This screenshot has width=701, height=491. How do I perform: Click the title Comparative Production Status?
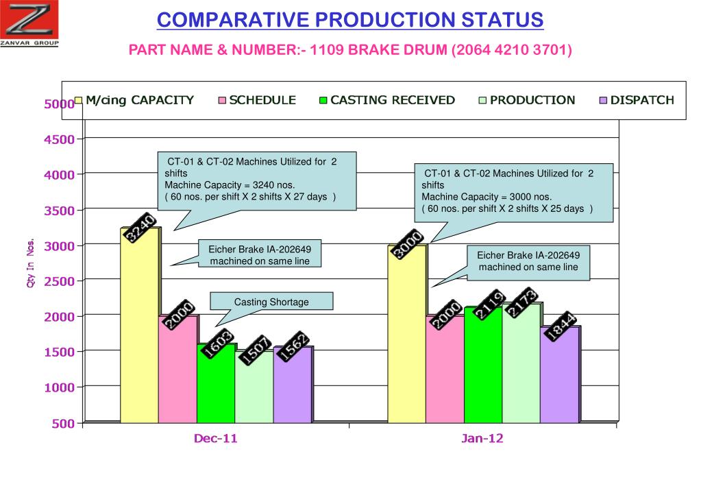coord(349,20)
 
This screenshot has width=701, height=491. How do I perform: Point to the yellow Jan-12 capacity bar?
coord(406,336)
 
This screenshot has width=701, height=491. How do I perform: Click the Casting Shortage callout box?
coord(271,302)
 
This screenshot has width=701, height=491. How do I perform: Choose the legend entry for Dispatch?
coord(637,100)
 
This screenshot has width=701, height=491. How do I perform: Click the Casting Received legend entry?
coord(386,100)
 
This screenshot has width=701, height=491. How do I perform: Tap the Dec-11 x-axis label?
coord(215,439)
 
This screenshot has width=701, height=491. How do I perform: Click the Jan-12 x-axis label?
coord(482,439)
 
